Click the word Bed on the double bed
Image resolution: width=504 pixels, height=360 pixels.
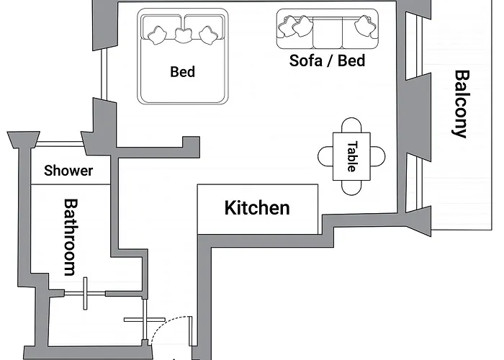pyautogui.click(x=183, y=72)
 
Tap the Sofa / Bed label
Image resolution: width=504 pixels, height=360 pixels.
pyautogui.click(x=327, y=60)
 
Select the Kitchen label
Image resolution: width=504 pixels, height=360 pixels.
pyautogui.click(x=257, y=207)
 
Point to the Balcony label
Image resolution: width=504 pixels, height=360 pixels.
pyautogui.click(x=462, y=104)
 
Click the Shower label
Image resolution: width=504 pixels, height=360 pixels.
pyautogui.click(x=68, y=171)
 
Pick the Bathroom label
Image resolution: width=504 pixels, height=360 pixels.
pyautogui.click(x=71, y=238)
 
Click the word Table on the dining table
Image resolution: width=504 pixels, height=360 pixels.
pyautogui.click(x=352, y=156)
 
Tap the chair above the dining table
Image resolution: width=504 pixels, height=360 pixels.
pyautogui.click(x=351, y=125)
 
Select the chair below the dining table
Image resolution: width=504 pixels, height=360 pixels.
pyautogui.click(x=351, y=188)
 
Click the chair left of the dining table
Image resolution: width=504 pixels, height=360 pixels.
pyautogui.click(x=325, y=156)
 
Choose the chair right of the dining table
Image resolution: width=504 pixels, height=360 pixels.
pyautogui.click(x=378, y=156)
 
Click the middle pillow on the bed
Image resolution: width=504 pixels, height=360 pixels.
pyautogui.click(x=184, y=35)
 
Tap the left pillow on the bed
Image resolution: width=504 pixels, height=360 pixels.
pyautogui.click(x=158, y=35)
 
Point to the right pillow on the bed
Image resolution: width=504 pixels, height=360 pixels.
pyautogui.click(x=209, y=35)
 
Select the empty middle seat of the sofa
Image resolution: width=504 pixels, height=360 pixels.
pyautogui.click(x=328, y=32)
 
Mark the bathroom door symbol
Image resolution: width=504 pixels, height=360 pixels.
pyautogui.click(x=85, y=294)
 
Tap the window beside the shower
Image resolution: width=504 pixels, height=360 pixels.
pyautogui.click(x=58, y=144)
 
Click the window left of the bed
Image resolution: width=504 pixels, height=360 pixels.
pyautogui.click(x=104, y=73)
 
